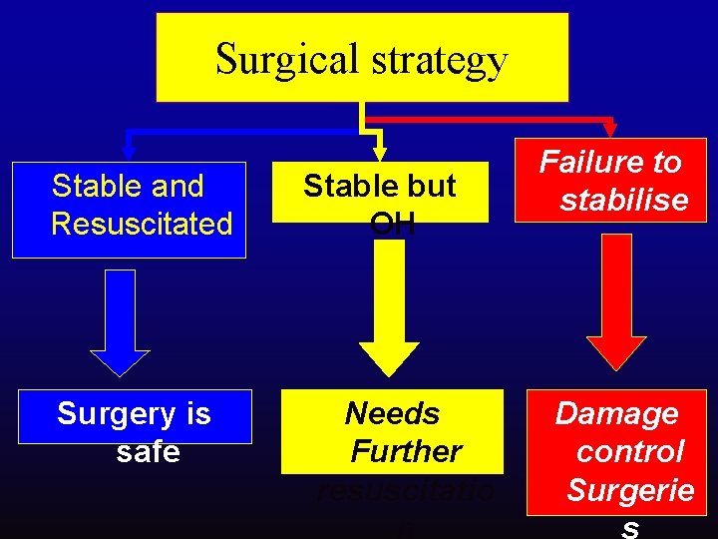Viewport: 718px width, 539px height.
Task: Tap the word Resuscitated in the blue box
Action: coord(142,224)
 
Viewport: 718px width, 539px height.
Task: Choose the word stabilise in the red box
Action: coord(624,200)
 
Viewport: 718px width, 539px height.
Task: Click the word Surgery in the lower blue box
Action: coord(107,413)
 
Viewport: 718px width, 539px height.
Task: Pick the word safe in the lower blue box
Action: coord(149,452)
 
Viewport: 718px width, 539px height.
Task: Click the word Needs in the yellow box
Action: coord(392,413)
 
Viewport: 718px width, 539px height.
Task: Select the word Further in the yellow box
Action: coord(406,451)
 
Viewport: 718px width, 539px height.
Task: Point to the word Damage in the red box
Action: coord(616,413)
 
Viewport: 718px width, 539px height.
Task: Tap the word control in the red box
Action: coord(630,451)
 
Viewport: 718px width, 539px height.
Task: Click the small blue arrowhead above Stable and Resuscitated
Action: coord(127,140)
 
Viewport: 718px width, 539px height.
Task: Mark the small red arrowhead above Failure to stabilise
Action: coord(610,129)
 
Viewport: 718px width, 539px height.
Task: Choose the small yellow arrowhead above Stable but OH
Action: coord(378,152)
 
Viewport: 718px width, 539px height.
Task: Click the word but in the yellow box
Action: coord(436,186)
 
